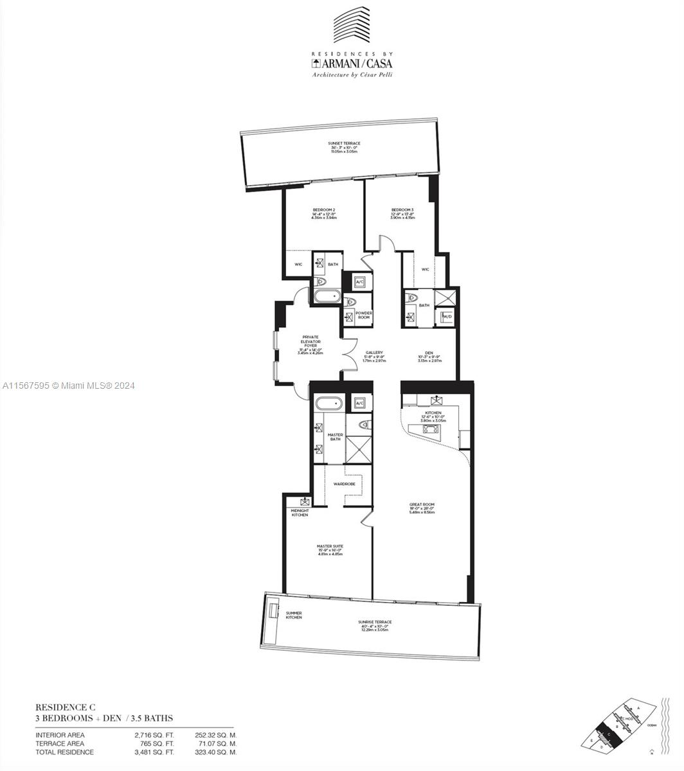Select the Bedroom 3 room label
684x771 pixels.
pos(402,210)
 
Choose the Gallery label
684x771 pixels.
pos(374,353)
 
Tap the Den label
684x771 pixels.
pos(428,353)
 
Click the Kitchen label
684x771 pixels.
pos(433,413)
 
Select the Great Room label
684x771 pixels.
pos(422,504)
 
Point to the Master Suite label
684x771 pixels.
pos(330,546)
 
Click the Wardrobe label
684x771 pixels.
pos(345,483)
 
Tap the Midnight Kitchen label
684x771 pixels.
pos(300,513)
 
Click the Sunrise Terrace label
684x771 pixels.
pos(375,622)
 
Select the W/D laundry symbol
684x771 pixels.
pos(447,316)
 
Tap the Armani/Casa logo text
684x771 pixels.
pos(351,63)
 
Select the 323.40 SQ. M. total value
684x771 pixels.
pos(216,752)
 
